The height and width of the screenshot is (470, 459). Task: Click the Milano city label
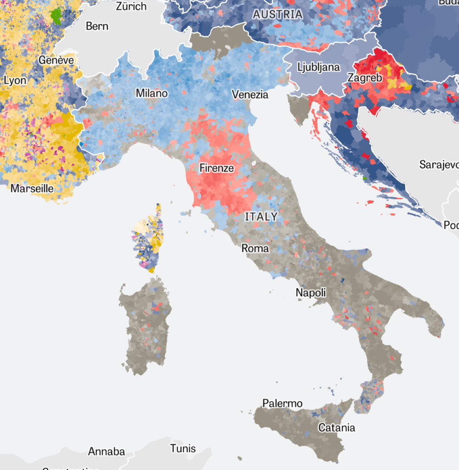pos(151,94)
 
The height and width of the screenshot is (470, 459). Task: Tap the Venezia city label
pos(250,95)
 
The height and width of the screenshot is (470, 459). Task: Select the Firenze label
pos(217,168)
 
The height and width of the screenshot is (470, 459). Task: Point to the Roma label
pos(255,249)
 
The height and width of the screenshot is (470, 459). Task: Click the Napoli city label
pos(311,293)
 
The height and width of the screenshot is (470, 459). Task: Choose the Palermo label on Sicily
pos(282,404)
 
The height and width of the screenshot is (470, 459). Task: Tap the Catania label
pos(337,428)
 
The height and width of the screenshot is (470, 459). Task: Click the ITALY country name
pos(261,216)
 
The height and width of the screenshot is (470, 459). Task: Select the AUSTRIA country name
pos(278,15)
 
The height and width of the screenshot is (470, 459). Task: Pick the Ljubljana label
pos(319,67)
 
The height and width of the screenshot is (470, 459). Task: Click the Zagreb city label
pos(365,78)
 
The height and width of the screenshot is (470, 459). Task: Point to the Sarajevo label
pos(438,165)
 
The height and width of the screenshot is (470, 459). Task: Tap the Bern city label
pos(97,26)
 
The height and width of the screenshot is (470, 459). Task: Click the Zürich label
pos(131,6)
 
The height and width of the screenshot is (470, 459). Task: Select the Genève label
pos(56,60)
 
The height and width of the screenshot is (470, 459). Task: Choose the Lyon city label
pos(15,81)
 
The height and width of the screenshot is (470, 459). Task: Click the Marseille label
pos(32,188)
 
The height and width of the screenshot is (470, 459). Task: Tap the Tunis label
pos(183,448)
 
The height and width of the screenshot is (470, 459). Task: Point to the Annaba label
pos(106,452)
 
